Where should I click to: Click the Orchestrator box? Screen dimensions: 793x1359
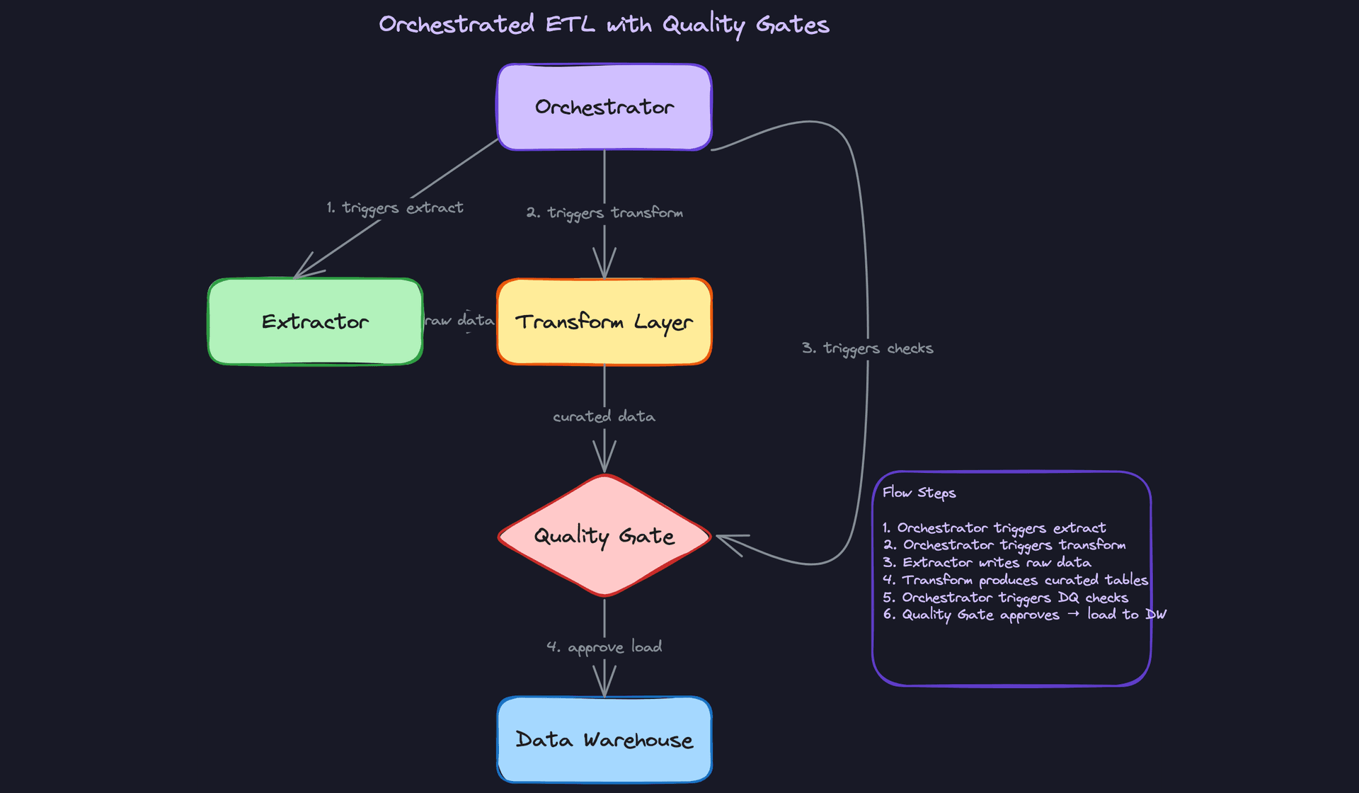(604, 107)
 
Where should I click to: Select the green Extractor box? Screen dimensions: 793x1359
(315, 321)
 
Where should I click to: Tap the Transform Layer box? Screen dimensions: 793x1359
(604, 321)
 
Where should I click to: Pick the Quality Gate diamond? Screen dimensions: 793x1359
(604, 536)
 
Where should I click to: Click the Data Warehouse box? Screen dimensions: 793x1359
(604, 740)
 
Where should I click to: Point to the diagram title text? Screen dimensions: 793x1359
(604, 25)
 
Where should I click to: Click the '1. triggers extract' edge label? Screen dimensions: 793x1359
(394, 207)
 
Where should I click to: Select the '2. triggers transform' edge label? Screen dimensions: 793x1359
(604, 212)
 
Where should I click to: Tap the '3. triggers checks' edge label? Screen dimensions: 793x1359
(867, 348)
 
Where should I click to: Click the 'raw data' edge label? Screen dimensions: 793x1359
(459, 321)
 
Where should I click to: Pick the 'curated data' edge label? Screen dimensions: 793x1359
(604, 416)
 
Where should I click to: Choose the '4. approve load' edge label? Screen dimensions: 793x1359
(604, 646)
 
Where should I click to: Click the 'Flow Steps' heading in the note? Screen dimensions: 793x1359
(919, 493)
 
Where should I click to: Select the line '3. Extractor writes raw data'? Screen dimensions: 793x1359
(987, 562)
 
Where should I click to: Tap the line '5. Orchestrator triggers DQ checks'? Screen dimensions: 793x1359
(1005, 598)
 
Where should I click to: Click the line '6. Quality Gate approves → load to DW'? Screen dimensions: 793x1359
(1023, 615)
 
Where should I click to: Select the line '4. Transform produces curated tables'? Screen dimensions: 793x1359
(1015, 580)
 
